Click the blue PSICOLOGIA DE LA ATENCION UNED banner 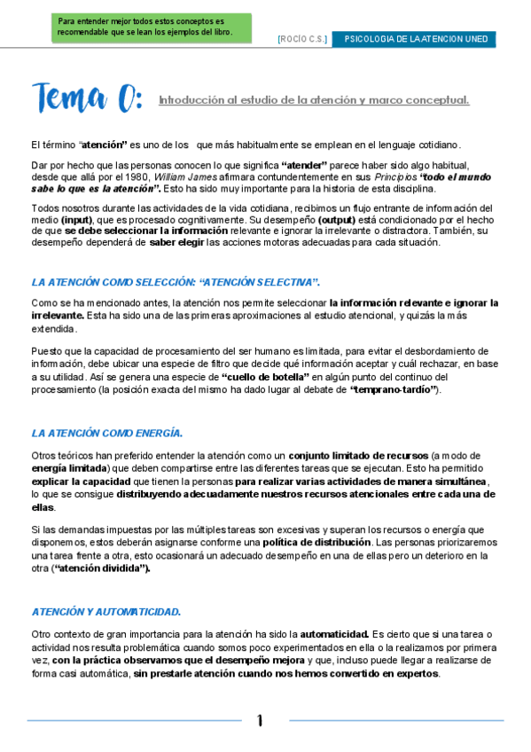(414, 39)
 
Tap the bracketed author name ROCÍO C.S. (303, 39)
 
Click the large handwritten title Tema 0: (87, 97)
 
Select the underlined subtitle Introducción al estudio (313, 99)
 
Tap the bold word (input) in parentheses (76, 219)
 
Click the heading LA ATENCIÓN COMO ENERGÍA (107, 433)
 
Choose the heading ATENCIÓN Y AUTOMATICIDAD (106, 612)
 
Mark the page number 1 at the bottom (260, 721)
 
